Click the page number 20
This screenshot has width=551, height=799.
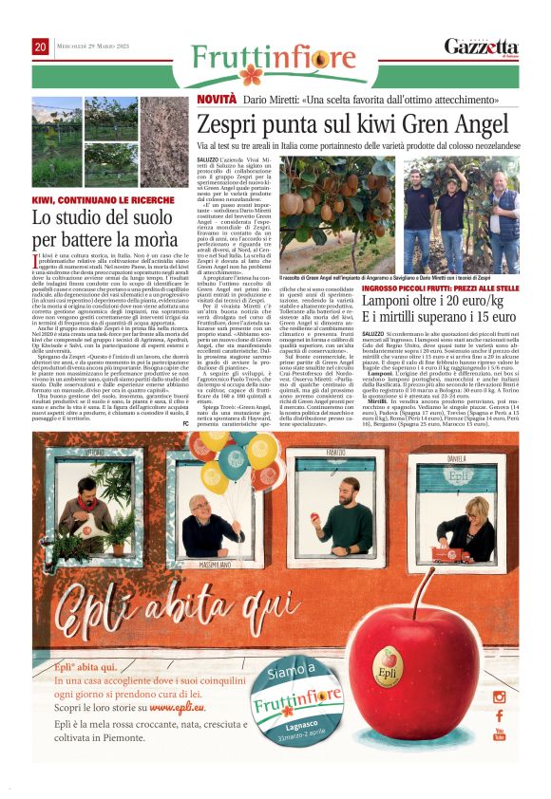(40, 46)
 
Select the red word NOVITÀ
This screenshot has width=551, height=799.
(216, 100)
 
